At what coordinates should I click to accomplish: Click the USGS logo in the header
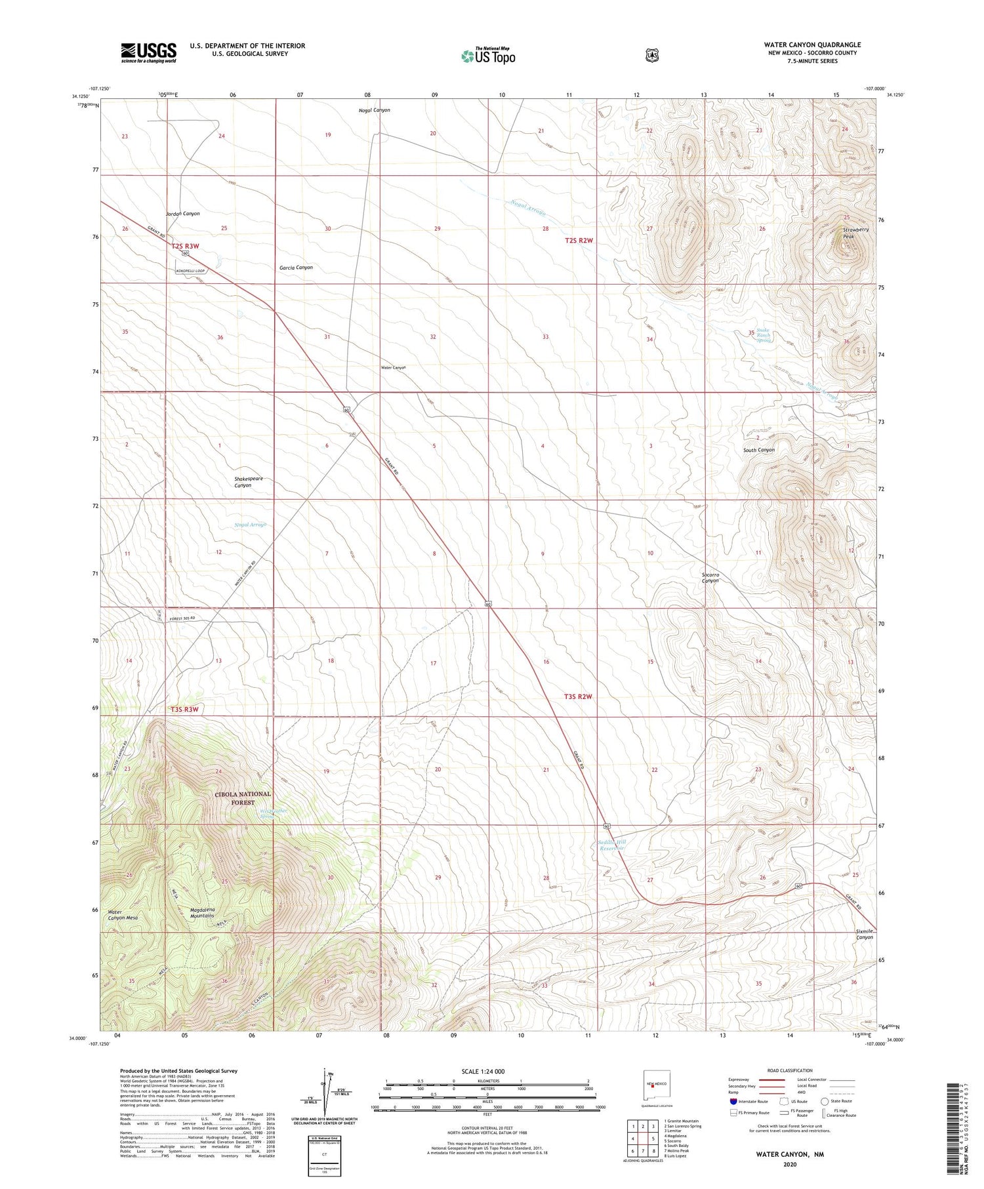pos(148,52)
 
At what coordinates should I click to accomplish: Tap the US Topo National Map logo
pos(488,56)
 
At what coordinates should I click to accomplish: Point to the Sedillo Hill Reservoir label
pos(613,845)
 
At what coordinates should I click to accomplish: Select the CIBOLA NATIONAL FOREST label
pos(242,797)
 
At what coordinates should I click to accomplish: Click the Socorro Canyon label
pos(710,578)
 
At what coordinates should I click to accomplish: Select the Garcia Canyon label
pos(296,268)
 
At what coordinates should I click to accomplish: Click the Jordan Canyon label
pos(182,214)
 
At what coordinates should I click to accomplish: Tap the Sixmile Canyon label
pos(864,934)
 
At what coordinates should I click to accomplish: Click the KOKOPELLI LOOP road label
pos(190,271)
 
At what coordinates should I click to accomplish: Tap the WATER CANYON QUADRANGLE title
pos(812,45)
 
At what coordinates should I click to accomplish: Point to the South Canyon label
pos(758,450)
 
